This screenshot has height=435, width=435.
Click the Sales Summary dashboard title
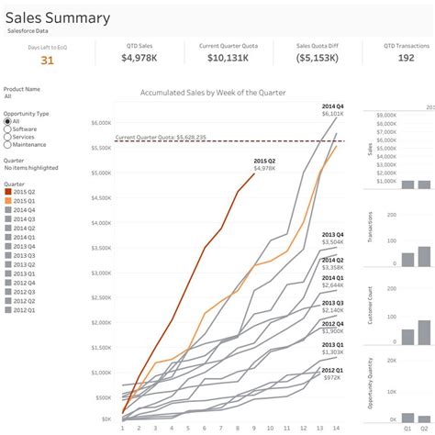pos(58,17)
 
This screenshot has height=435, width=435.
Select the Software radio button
pos(8,129)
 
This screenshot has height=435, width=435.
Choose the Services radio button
pos(8,138)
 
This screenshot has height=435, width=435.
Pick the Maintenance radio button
pos(8,146)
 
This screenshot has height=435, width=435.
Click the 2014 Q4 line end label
pos(332,107)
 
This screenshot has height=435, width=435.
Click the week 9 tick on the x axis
pos(253,428)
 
